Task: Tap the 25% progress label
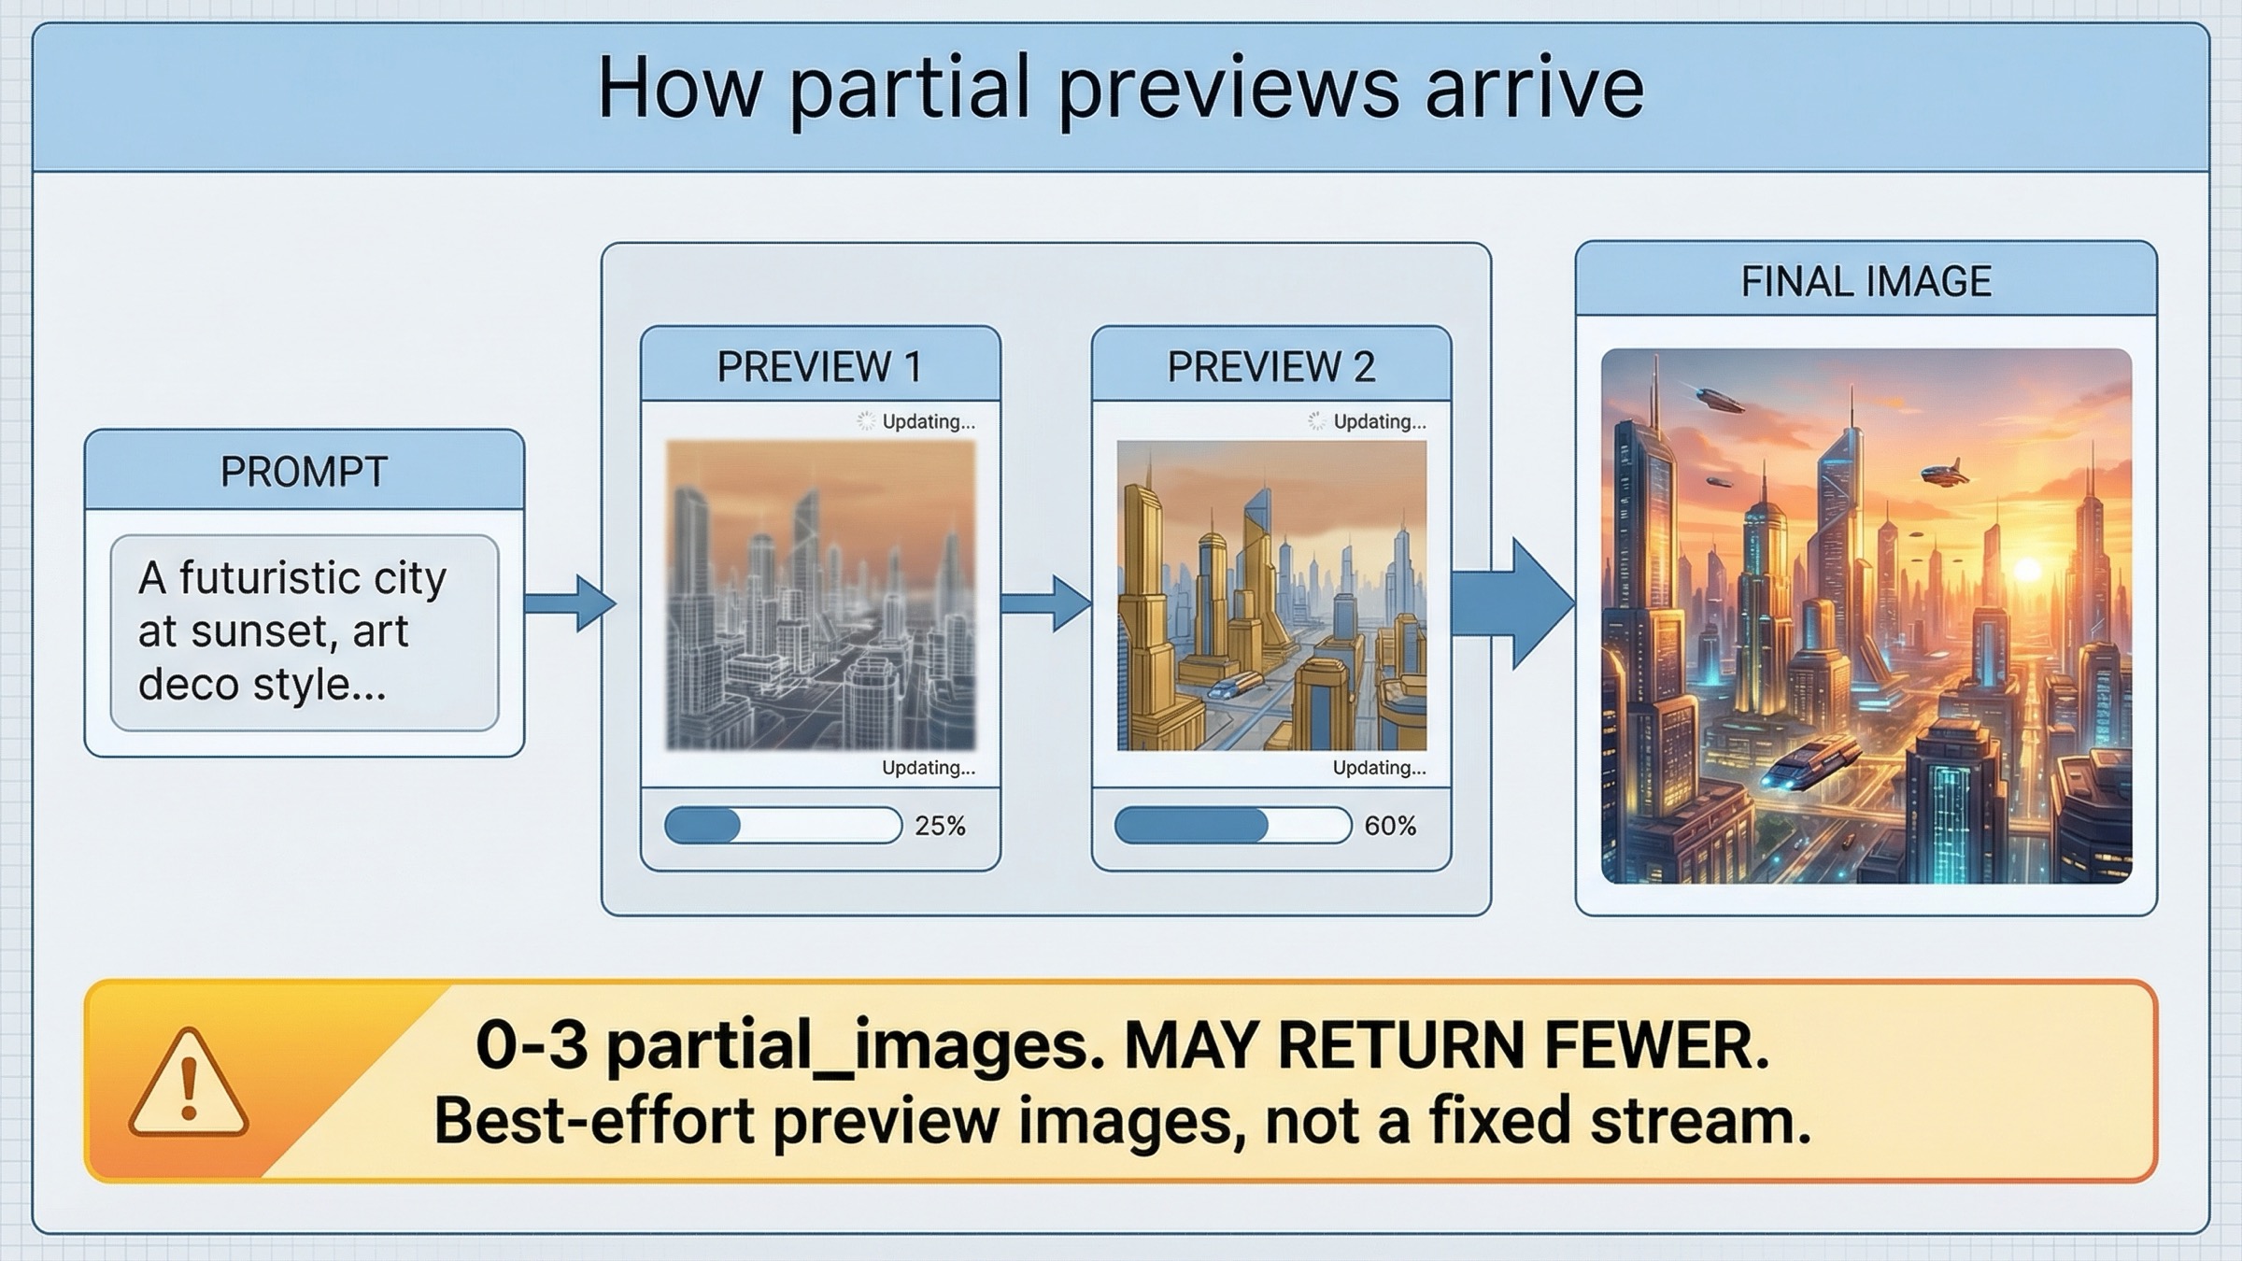pyautogui.click(x=940, y=826)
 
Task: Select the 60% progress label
pyautogui.click(x=1390, y=826)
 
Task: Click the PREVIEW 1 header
pyautogui.click(x=819, y=366)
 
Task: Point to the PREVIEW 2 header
pyautogui.click(x=1270, y=366)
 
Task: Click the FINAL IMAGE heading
pyautogui.click(x=1866, y=281)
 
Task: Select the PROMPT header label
pyautogui.click(x=304, y=472)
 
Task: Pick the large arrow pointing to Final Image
pyautogui.click(x=1513, y=603)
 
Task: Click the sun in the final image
pyautogui.click(x=2028, y=569)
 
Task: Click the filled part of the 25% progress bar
pyautogui.click(x=702, y=826)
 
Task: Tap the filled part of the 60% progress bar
pyautogui.click(x=1191, y=826)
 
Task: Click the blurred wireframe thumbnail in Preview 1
pyautogui.click(x=820, y=596)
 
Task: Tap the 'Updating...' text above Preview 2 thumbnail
pyautogui.click(x=1379, y=422)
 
